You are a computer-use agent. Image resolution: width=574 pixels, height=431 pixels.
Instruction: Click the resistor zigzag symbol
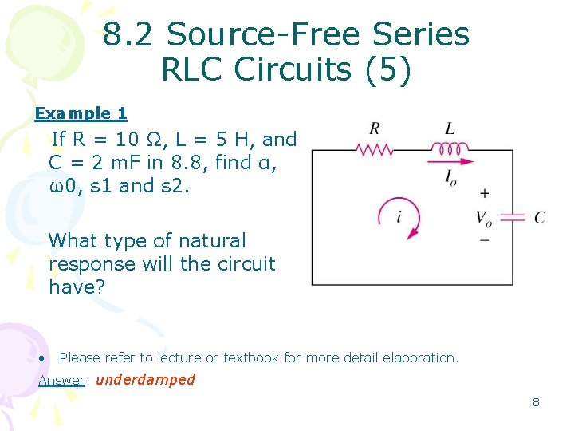click(374, 148)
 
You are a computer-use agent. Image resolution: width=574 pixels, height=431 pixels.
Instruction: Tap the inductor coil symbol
click(450, 148)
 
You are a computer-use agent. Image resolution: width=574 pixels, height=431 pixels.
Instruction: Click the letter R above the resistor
click(374, 129)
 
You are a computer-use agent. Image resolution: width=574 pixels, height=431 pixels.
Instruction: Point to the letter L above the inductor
click(450, 129)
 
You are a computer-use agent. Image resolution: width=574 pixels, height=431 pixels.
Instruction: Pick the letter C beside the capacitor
click(540, 218)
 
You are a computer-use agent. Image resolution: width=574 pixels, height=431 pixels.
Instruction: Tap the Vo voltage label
click(484, 217)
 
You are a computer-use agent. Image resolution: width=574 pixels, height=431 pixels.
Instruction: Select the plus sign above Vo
click(484, 193)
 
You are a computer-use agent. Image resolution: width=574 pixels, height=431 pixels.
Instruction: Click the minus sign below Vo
click(484, 239)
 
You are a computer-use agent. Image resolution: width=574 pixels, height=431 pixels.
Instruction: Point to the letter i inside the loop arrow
click(399, 216)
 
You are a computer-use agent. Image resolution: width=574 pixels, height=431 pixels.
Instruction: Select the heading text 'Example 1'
click(81, 114)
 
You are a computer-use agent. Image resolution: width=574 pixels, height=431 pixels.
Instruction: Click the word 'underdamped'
click(145, 379)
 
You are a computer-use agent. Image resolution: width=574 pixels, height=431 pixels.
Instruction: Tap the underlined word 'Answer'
click(61, 380)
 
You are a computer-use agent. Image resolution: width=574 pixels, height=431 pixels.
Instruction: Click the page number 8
click(536, 402)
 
